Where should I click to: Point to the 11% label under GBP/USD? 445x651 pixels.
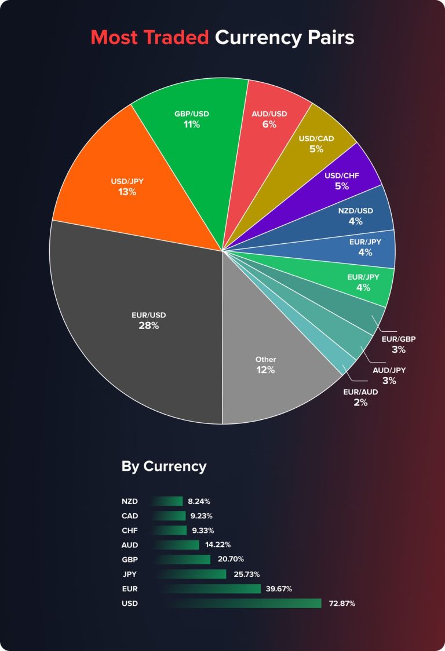point(191,125)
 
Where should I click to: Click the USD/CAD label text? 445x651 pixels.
point(316,138)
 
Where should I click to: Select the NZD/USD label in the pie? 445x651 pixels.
point(355,210)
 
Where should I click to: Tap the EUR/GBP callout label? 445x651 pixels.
point(399,339)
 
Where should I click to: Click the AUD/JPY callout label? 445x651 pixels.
point(389,370)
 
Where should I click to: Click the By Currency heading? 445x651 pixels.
point(164,466)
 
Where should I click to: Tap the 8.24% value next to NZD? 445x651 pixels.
point(199,501)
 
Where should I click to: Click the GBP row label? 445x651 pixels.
point(130,559)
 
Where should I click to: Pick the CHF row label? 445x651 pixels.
point(130,530)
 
